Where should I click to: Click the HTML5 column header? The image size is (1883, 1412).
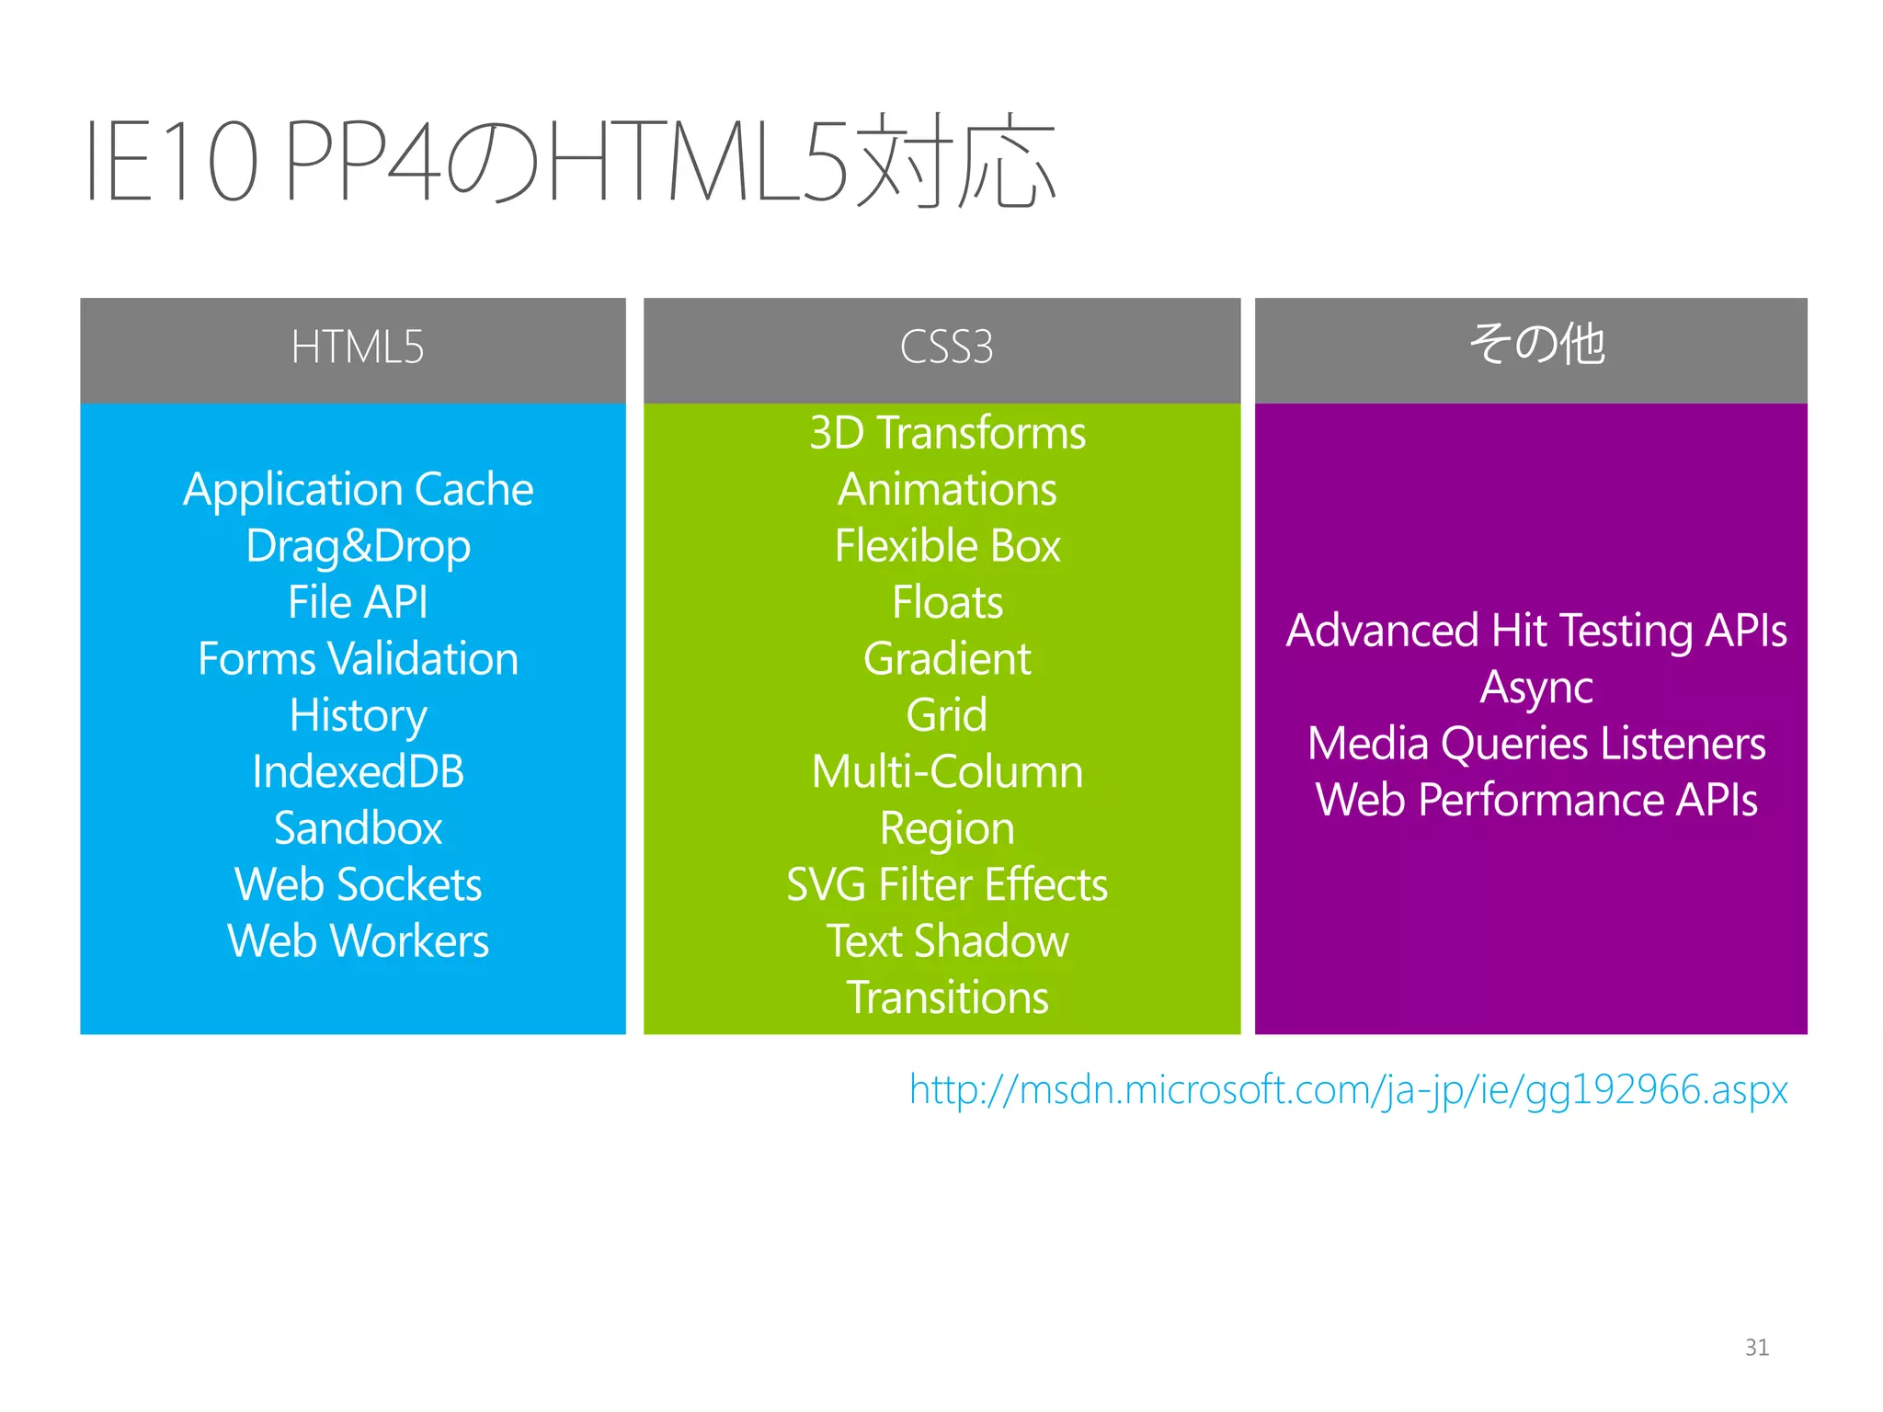357,347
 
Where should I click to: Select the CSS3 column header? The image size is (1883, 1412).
946,347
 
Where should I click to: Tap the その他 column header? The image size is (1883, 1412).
1536,345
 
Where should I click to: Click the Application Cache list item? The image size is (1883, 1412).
358,489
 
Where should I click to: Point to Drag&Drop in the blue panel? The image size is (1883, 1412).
358,547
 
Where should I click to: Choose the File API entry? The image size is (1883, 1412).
358,603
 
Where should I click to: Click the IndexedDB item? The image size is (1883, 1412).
358,772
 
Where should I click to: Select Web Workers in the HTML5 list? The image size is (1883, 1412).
358,941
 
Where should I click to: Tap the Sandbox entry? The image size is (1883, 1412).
358,828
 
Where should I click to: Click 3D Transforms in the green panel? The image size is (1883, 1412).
947,433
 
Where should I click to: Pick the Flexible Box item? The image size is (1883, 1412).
947,546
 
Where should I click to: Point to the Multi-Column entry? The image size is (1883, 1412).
947,772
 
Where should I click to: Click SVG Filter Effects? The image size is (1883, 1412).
947,885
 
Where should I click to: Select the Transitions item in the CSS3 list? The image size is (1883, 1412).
947,998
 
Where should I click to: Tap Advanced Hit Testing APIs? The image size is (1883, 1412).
1536,632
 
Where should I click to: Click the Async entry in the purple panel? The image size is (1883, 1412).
1536,688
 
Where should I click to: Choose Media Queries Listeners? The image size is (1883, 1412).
1536,744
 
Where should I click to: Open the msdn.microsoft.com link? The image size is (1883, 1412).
1348,1090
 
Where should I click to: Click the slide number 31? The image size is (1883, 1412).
1756,1348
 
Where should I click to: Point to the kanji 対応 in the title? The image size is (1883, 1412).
956,161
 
